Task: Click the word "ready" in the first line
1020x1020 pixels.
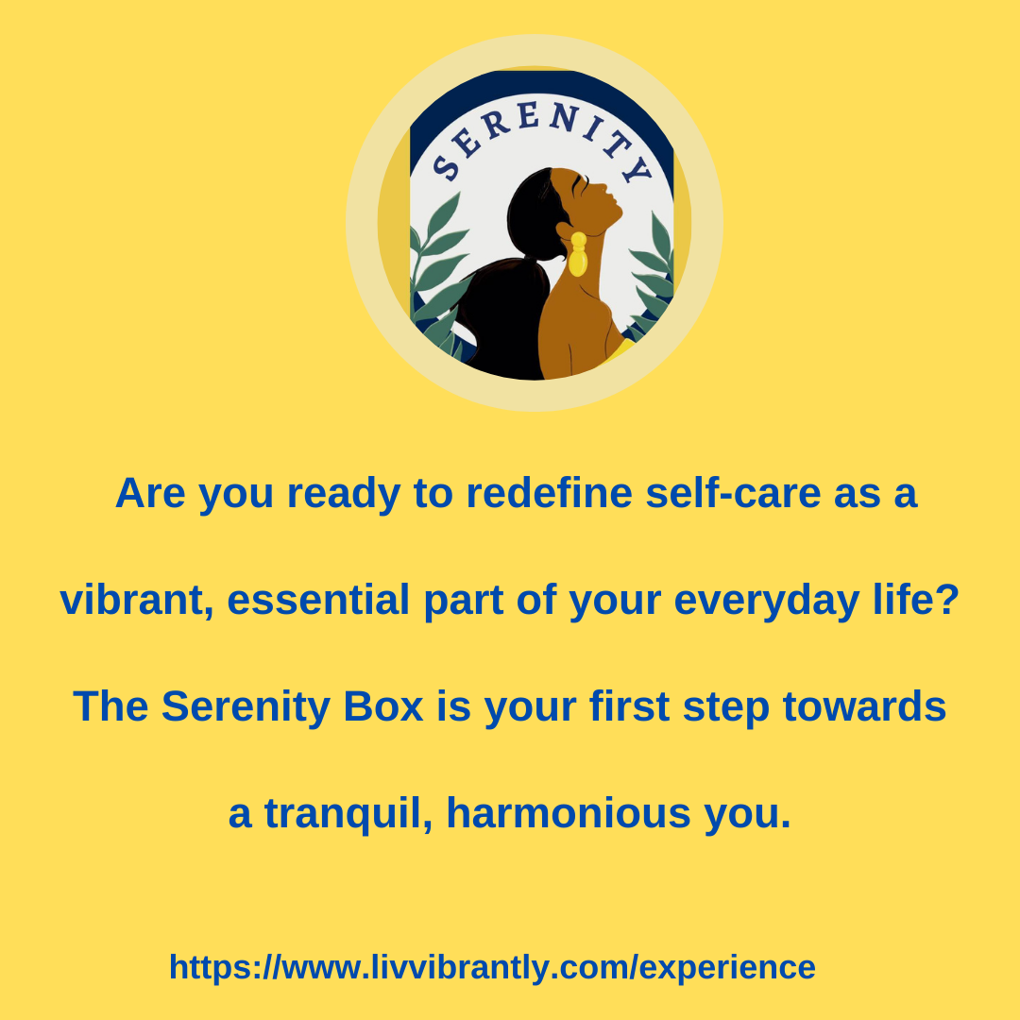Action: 344,494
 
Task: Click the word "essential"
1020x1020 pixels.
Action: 318,599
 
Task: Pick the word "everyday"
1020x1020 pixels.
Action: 767,601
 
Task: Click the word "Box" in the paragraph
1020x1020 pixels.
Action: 383,706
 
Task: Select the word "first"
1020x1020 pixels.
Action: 629,705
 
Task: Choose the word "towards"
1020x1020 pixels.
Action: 864,705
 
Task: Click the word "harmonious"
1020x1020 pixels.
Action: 569,813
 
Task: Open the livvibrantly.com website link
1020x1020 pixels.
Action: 492,967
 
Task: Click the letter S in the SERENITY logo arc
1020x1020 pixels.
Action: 446,167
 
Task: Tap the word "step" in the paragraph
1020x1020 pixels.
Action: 725,707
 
